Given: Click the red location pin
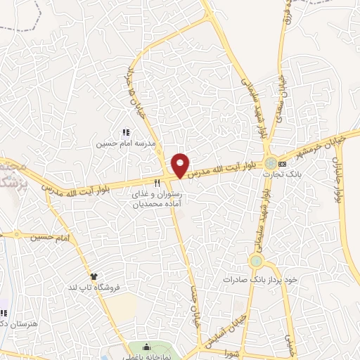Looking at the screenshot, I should [181, 165].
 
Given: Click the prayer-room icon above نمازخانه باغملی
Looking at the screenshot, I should [146, 347].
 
